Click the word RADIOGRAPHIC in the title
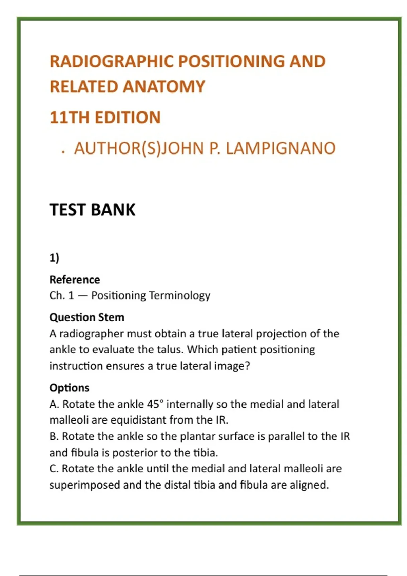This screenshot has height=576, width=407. [112, 61]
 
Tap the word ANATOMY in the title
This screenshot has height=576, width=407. [164, 87]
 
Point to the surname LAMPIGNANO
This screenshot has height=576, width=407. [280, 148]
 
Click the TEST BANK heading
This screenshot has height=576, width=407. [92, 210]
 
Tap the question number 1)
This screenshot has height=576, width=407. [54, 258]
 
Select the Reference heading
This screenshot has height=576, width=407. [75, 280]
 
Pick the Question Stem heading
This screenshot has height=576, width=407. [87, 317]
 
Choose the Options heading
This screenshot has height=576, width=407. [69, 388]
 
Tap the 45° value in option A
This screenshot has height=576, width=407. [155, 404]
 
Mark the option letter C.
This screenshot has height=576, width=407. [53, 469]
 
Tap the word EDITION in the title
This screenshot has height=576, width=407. [128, 118]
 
